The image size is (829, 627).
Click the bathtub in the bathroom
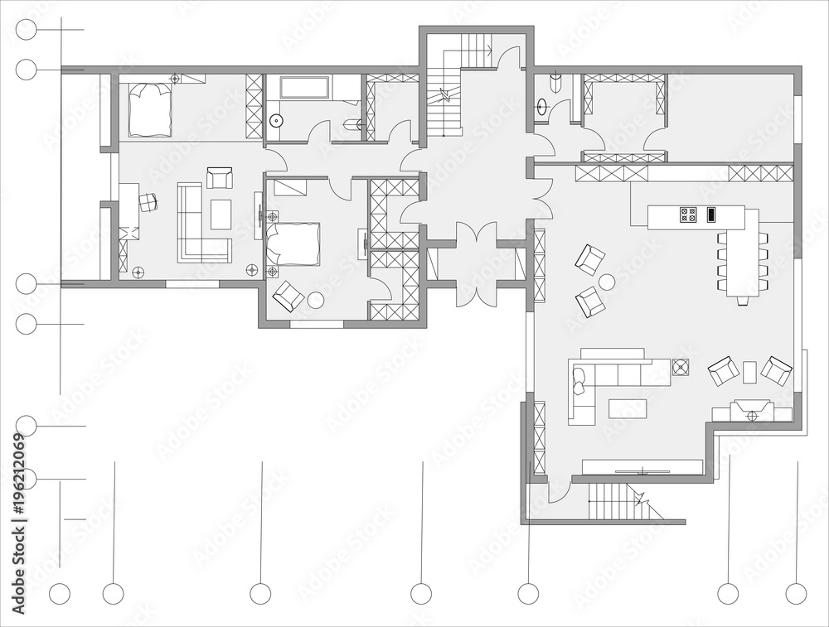(305, 87)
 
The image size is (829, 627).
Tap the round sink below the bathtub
(275, 121)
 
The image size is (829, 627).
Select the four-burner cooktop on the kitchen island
(688, 214)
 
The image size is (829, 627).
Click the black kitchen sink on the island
(711, 214)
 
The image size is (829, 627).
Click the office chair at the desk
(148, 202)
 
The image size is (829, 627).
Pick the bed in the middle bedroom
(293, 243)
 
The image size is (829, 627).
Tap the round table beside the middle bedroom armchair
(316, 300)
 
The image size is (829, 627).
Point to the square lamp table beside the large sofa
(681, 367)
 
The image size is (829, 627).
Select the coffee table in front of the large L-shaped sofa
(628, 409)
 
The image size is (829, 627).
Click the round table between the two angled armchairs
(606, 282)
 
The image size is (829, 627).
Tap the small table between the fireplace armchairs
(749, 372)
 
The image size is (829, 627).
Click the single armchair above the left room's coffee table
(220, 178)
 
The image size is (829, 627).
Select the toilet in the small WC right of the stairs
(555, 83)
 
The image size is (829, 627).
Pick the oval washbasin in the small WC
(542, 107)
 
